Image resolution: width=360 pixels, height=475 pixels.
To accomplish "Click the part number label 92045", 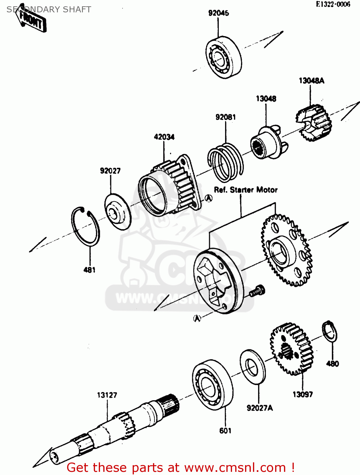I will point(218,13).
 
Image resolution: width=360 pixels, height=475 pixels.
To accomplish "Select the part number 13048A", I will point(311,81).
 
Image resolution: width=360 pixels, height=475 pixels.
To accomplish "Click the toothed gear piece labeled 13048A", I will point(314,123).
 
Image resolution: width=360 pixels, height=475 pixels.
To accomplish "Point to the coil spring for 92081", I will point(225,162).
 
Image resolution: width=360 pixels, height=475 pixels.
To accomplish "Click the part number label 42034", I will point(164,137).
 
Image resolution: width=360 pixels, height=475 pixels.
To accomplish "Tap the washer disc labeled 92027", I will point(118,212).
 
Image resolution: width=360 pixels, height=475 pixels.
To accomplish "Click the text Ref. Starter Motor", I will point(246,190).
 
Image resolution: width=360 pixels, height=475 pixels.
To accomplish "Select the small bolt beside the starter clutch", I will point(257,291).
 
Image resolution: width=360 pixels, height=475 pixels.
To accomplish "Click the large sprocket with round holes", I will point(286,250).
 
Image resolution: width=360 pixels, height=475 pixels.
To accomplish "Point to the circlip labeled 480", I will point(330,331).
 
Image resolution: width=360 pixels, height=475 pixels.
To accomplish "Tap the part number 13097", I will point(302,394).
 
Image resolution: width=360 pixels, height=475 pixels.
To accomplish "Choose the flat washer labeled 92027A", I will point(253,367).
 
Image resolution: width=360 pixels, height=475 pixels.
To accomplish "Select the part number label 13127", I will point(107,395).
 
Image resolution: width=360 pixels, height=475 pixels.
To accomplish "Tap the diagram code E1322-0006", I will point(333,4).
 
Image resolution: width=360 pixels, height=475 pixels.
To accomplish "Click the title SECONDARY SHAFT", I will point(49,9).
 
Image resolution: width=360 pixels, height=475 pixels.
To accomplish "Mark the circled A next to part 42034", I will point(208,199).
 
